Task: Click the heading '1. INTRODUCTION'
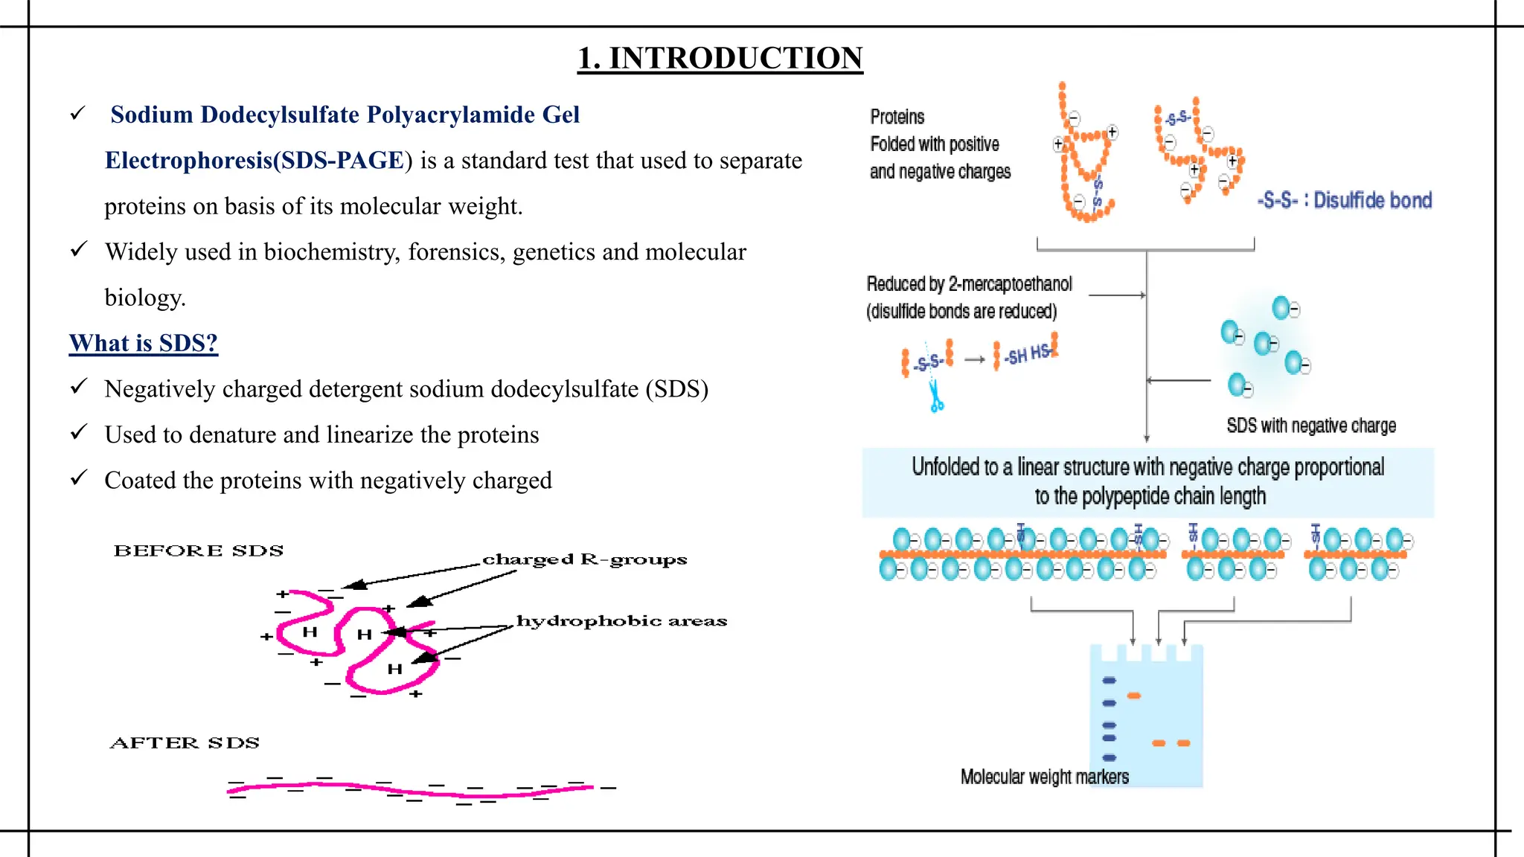pos(720,58)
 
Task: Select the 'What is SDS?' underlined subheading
pos(143,343)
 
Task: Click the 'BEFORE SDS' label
pos(199,551)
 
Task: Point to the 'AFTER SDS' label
pos(185,742)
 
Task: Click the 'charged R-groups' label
pos(584,559)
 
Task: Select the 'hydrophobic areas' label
pos(621,621)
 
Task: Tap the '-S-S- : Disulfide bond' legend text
pos(1344,200)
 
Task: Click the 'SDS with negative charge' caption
pos(1310,426)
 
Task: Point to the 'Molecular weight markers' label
pos(1044,777)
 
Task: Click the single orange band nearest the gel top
pos(1133,696)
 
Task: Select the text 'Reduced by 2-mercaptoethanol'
pos(969,284)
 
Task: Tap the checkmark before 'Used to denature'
pos(78,432)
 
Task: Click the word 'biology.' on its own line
pos(145,298)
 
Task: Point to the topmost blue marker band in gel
pos(1109,680)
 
